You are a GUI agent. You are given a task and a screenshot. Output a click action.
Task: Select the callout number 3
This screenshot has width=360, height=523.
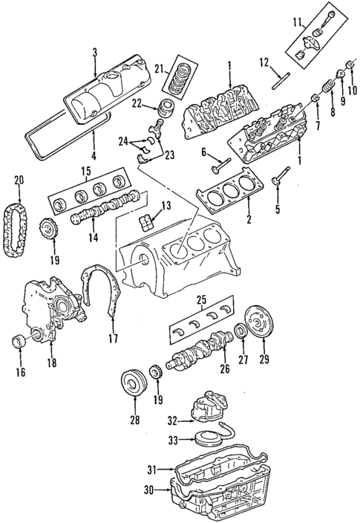pos(95,52)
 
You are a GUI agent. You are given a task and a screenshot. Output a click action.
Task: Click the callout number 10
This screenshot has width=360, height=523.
pos(352,91)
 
